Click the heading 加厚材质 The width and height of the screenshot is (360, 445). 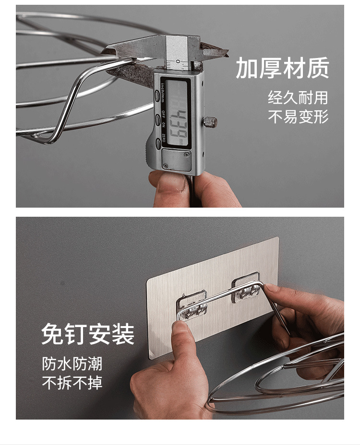[x=282, y=68]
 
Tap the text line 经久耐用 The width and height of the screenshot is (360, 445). [x=298, y=98]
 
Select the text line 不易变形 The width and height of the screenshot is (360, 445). [x=298, y=117]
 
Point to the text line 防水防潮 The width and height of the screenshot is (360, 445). [x=72, y=363]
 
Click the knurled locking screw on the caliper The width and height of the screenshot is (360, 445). [x=211, y=122]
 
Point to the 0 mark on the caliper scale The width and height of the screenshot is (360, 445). [x=178, y=61]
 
